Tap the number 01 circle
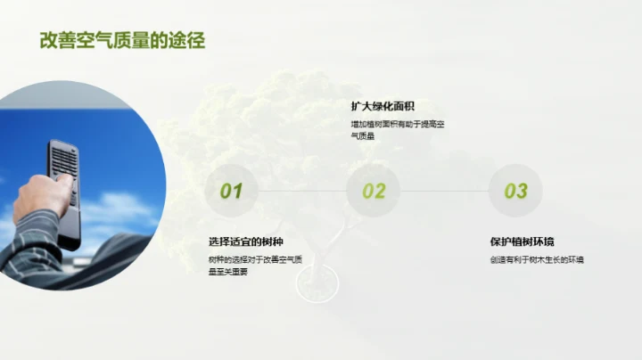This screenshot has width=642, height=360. (x=231, y=191)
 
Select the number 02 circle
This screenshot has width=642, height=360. (x=374, y=191)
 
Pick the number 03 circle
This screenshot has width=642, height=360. (x=515, y=191)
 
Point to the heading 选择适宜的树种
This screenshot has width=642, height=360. (x=246, y=241)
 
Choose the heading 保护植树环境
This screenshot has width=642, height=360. (x=523, y=241)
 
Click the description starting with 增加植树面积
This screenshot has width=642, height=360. (x=397, y=125)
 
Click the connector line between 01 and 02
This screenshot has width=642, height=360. (x=301, y=191)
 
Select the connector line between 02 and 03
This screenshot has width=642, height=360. (x=444, y=191)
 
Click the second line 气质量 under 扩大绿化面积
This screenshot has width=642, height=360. (x=363, y=136)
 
